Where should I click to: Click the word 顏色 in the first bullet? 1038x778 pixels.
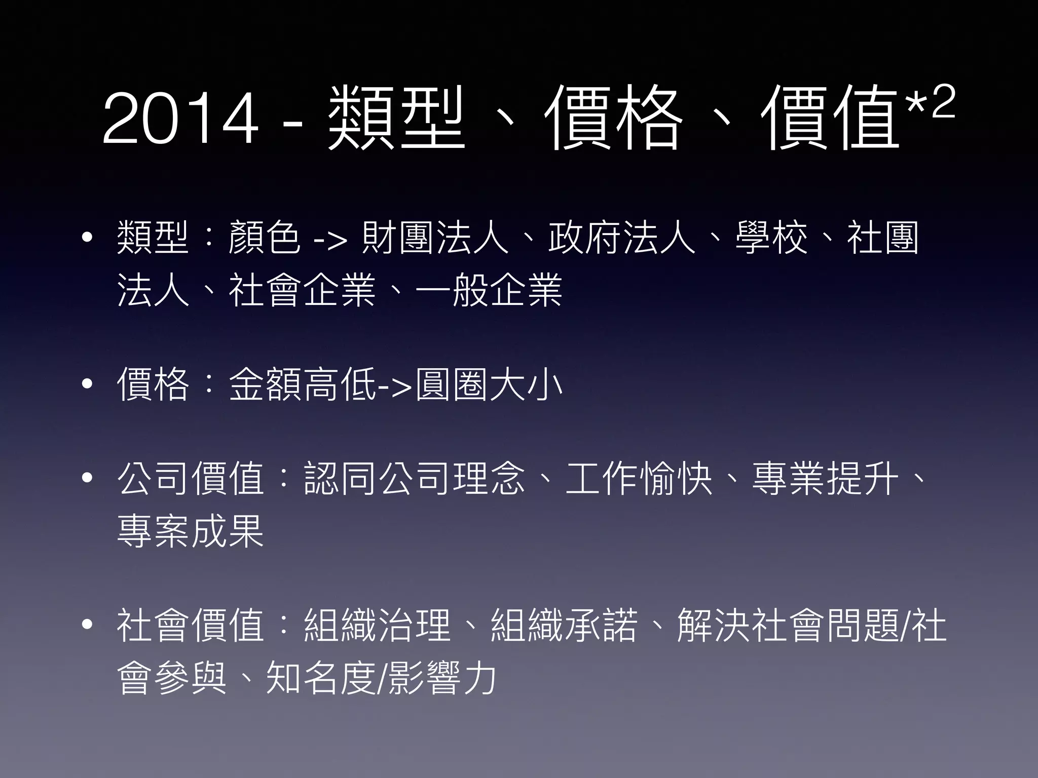[264, 237]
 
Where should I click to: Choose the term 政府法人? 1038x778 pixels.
[621, 237]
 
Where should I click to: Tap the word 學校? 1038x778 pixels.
[771, 237]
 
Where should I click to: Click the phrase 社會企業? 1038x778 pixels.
[302, 290]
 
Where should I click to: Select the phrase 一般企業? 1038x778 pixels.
[489, 290]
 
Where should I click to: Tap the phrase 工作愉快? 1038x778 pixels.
[639, 479]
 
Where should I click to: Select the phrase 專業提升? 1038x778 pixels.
[825, 479]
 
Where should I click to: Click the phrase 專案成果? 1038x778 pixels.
[191, 531]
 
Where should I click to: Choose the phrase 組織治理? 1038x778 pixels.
[377, 626]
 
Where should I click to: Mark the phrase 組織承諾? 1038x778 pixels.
[564, 626]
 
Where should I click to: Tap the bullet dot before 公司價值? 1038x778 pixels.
[87, 478]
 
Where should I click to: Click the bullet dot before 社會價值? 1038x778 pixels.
[87, 625]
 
